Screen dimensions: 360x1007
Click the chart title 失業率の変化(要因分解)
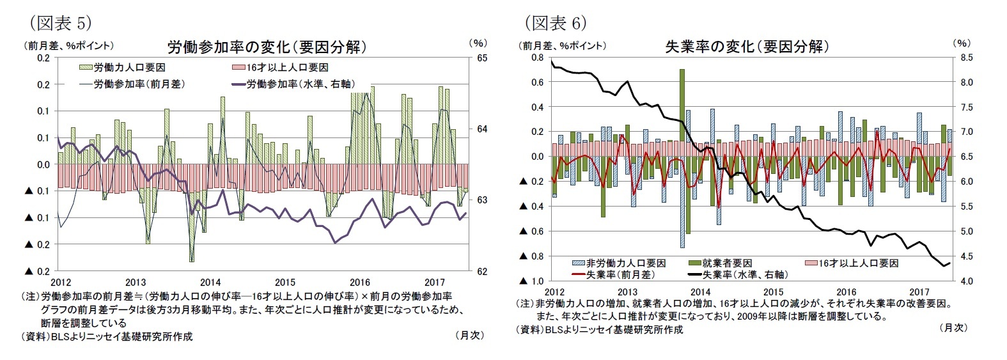pos(747,47)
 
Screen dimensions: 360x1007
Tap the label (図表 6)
pos(556,24)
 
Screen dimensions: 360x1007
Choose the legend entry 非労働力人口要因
pos(619,263)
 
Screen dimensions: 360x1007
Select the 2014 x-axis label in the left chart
pos(210,282)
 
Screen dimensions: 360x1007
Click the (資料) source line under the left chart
pos(107,336)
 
